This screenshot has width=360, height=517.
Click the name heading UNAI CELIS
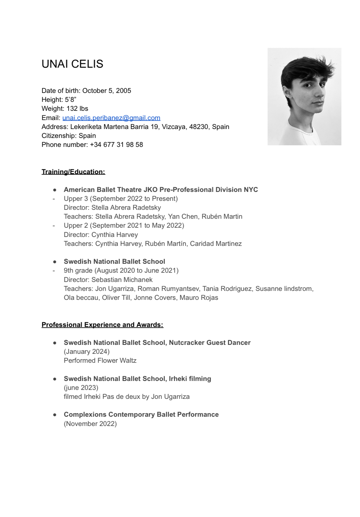[73, 64]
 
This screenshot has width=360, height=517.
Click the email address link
[111, 118]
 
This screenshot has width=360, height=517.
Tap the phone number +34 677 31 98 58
[117, 145]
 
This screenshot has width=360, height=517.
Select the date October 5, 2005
[107, 91]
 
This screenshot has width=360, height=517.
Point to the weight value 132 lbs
[77, 109]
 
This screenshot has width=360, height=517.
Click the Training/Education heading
[73, 172]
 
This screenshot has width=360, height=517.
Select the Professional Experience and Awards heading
[102, 325]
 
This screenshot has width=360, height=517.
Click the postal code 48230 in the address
[199, 127]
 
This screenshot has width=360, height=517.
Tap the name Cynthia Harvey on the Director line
[115, 235]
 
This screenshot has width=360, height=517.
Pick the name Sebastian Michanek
[122, 280]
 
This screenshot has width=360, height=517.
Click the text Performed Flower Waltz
[100, 361]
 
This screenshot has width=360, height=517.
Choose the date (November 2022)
[90, 424]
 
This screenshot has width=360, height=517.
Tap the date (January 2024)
[87, 352]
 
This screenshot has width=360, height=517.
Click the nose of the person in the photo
[323, 94]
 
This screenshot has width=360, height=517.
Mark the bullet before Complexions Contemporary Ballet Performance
[55, 415]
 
